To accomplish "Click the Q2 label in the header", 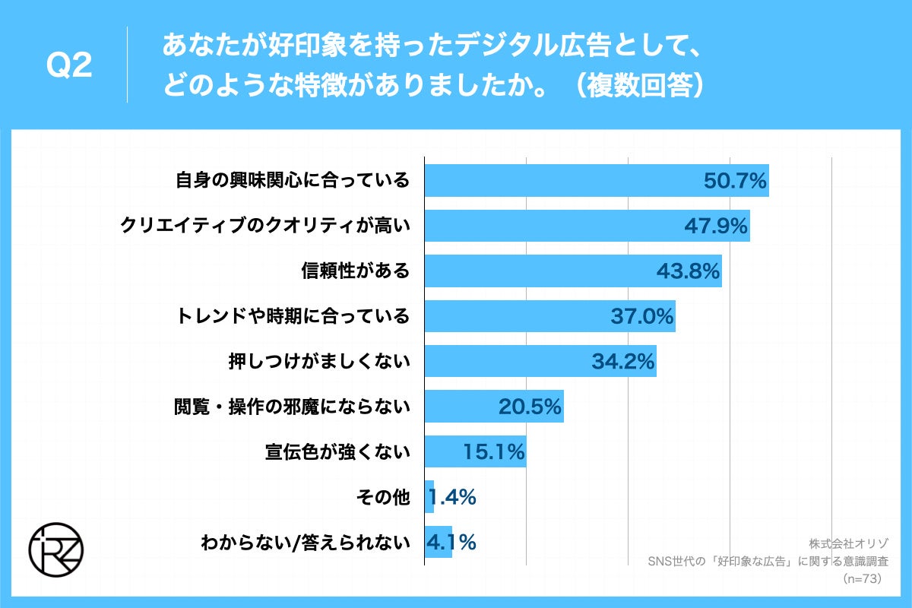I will point(69,65).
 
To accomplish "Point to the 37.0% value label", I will point(642,316).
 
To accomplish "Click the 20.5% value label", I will point(530,407).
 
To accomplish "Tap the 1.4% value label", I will point(453,497).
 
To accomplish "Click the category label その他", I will point(383,497).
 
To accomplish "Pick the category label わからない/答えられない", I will point(306,543).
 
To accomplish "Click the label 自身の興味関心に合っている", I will point(293,181).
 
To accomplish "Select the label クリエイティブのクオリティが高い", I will point(266,226).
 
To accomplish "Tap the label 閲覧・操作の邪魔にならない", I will point(293,407).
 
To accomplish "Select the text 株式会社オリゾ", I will point(848,543).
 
